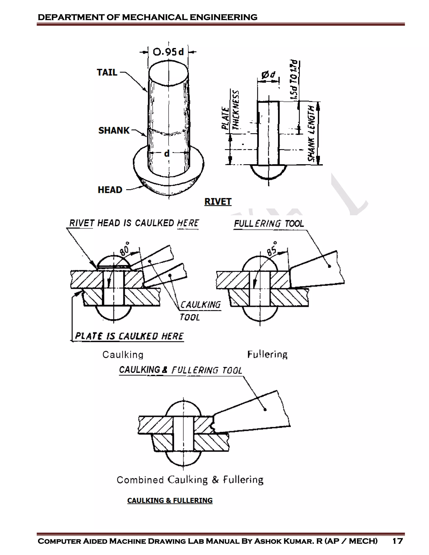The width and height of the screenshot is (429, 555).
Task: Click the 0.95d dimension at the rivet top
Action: tap(168, 52)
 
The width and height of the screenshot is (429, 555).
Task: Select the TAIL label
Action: tap(107, 72)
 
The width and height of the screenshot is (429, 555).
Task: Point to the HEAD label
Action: tap(110, 190)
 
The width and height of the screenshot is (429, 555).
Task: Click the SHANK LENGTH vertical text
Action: tap(311, 133)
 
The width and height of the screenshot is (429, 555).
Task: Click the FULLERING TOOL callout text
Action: tap(269, 224)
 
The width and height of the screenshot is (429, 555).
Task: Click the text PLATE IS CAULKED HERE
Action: tap(129, 336)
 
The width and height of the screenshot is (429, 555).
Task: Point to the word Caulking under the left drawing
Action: tap(123, 355)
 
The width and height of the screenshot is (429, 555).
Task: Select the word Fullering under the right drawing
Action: tap(267, 355)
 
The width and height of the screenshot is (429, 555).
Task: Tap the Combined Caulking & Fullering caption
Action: tap(190, 480)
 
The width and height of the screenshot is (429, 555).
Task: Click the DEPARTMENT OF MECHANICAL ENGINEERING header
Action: tap(147, 17)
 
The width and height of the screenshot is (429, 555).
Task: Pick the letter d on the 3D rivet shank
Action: tap(167, 154)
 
